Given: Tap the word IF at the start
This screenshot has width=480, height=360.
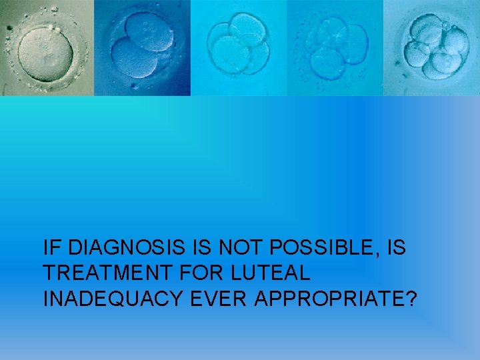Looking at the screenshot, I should tap(52, 249).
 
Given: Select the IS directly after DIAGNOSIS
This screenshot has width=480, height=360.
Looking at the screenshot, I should tap(197, 249).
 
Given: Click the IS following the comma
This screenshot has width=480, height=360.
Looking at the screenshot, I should tap(395, 249).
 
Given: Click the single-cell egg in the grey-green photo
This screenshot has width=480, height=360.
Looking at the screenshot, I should tap(45, 50).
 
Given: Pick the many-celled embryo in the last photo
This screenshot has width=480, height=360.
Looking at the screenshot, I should tap(434, 50).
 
